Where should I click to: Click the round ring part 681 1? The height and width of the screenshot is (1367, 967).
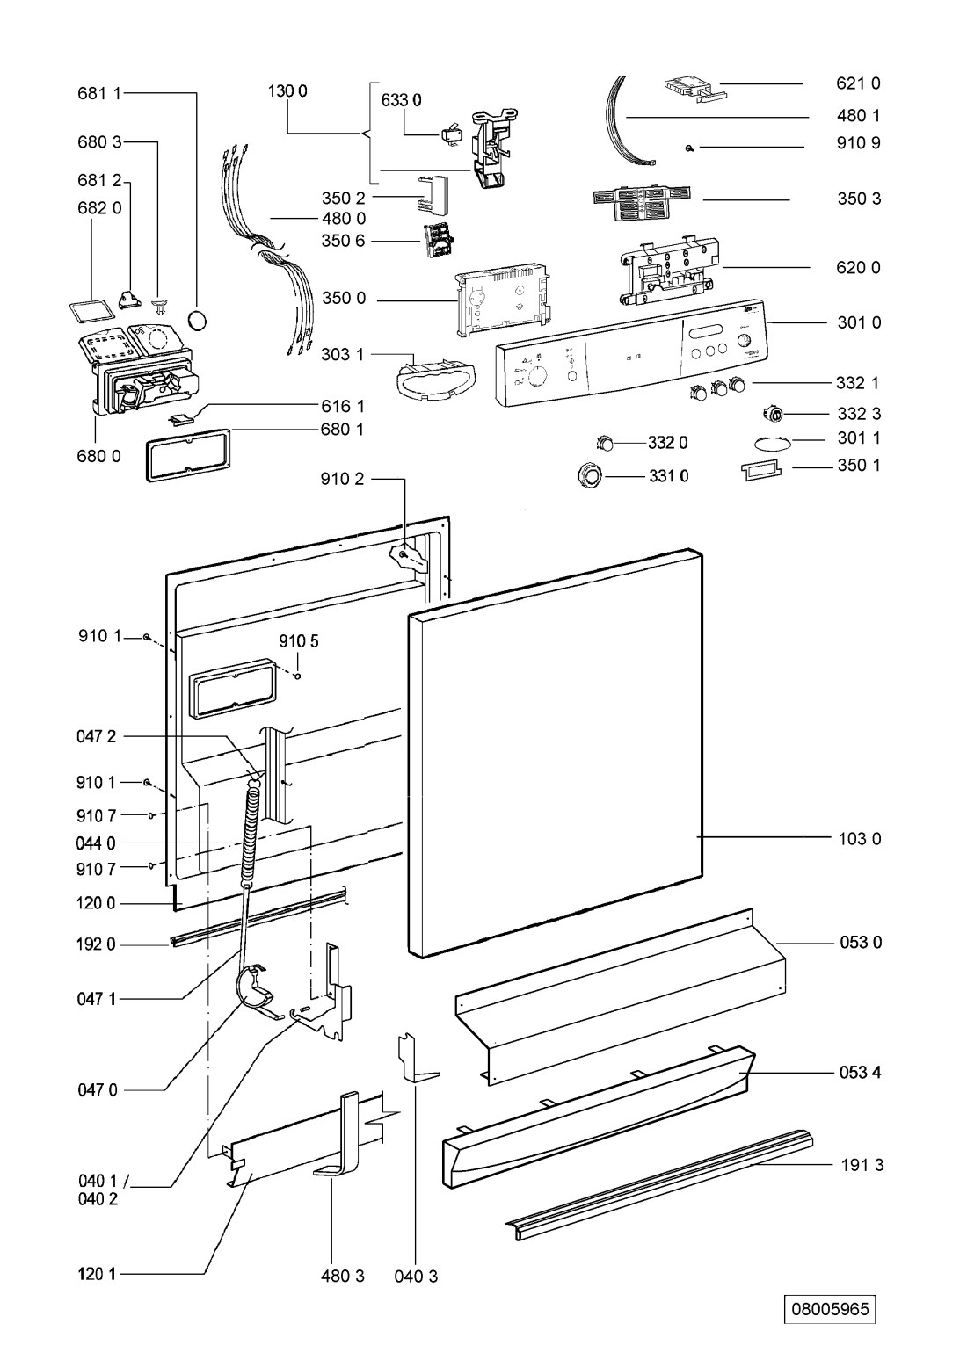[200, 320]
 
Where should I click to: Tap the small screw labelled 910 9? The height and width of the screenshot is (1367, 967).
[688, 148]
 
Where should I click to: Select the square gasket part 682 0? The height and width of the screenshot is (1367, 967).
[91, 310]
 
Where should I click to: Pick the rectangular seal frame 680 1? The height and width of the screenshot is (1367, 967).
[187, 454]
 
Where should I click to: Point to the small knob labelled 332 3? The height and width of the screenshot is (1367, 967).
[775, 414]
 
